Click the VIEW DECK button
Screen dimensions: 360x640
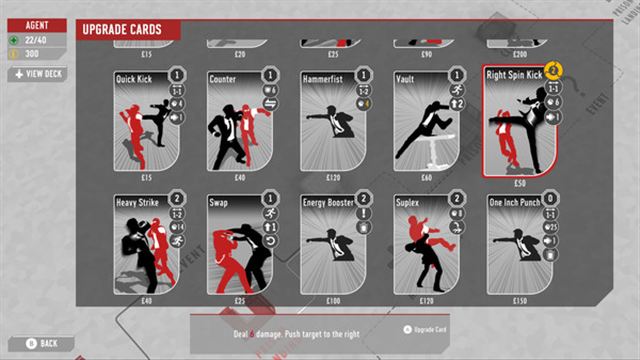point(37,74)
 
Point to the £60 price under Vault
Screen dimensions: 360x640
point(424,176)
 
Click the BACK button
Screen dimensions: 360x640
point(42,343)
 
